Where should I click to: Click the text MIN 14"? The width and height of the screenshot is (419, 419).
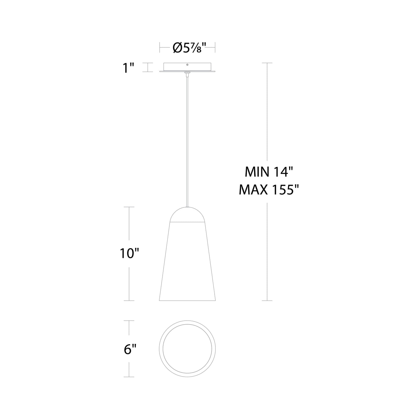tap(267, 172)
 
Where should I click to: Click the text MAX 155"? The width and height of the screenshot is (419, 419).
tap(269, 191)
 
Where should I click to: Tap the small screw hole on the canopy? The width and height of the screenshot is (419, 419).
tap(187, 65)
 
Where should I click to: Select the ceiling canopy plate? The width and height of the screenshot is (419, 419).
tap(187, 68)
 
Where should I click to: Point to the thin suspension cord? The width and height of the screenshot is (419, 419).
tap(187, 139)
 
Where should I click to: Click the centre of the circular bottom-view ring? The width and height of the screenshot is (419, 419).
tap(187, 349)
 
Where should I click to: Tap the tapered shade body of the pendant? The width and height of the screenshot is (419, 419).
tap(187, 261)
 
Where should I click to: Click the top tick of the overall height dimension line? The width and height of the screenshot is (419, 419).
tap(267, 63)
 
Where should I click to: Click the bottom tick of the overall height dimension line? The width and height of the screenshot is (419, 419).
tap(267, 300)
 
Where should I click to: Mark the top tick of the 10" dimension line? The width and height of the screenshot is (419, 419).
tap(129, 207)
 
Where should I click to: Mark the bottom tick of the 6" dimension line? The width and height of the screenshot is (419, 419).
tap(129, 377)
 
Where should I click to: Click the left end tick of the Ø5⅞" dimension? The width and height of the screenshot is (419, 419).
tap(160, 48)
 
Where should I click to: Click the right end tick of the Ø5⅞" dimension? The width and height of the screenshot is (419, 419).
tap(215, 48)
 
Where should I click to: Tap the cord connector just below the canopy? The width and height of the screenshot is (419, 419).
tap(187, 74)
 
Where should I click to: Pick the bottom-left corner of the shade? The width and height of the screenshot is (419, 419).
tap(160, 300)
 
